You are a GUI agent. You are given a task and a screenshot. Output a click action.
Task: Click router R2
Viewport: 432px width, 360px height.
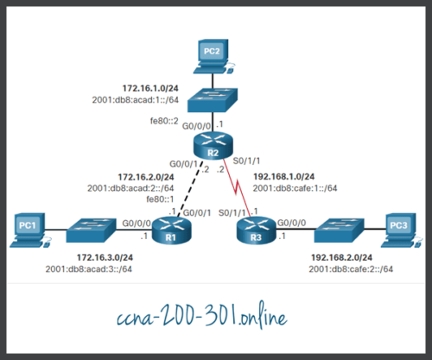[x=210, y=148]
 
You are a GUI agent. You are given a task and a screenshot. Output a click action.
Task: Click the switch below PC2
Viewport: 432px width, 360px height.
[x=210, y=100]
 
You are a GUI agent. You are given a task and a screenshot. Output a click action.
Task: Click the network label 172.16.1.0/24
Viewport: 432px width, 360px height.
[x=143, y=87]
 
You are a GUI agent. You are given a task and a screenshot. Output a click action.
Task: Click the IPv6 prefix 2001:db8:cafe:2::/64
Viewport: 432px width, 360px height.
[x=351, y=269]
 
